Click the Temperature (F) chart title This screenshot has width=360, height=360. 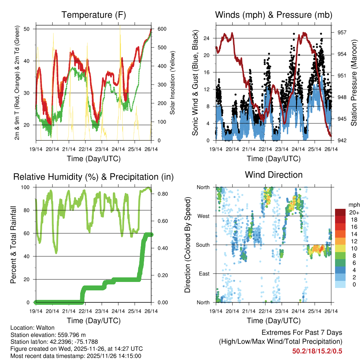pyautogui.click(x=94, y=15)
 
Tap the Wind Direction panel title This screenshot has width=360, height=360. pyautogui.click(x=274, y=174)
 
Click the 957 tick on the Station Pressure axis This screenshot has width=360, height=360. pyautogui.click(x=342, y=32)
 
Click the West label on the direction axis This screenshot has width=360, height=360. pyautogui.click(x=204, y=216)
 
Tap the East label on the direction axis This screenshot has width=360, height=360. pyautogui.click(x=204, y=274)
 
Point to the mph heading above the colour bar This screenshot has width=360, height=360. pyautogui.click(x=353, y=205)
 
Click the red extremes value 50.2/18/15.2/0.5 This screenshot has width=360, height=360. pyautogui.click(x=317, y=351)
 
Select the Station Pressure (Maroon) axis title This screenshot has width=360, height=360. pyautogui.click(x=354, y=83)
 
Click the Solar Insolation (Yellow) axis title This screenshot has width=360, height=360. pyautogui.click(x=173, y=83)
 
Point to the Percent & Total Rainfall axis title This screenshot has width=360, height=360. pyautogui.click(x=13, y=245)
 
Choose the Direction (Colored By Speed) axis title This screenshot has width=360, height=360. pyautogui.click(x=187, y=245)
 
